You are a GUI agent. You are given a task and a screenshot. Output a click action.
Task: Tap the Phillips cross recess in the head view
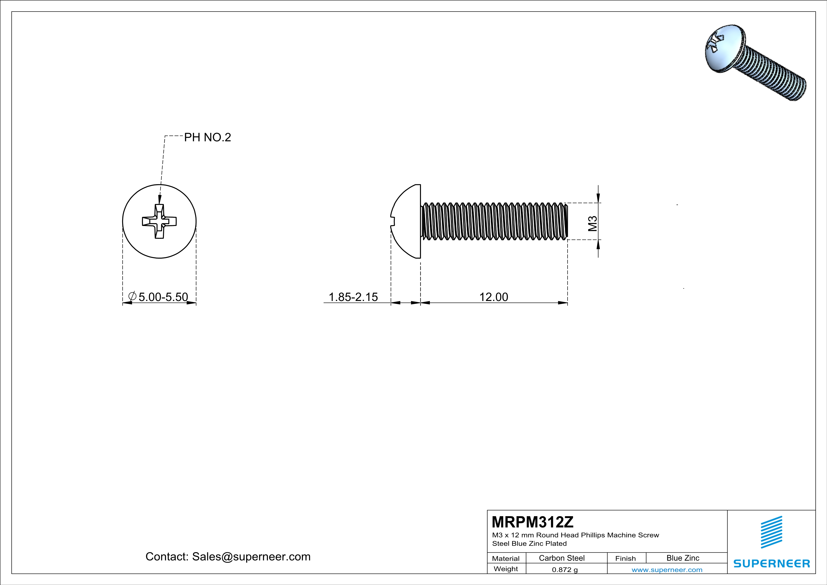[x=159, y=221]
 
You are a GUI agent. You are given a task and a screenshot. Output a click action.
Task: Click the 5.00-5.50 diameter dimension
[x=163, y=297]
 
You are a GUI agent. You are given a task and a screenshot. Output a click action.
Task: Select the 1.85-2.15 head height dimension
[x=353, y=297]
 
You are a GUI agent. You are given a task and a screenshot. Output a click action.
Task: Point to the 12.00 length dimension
[x=494, y=297]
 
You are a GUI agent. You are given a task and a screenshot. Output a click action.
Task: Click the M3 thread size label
[x=593, y=223]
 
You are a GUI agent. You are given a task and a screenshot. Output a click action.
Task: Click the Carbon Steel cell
[x=561, y=558]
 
